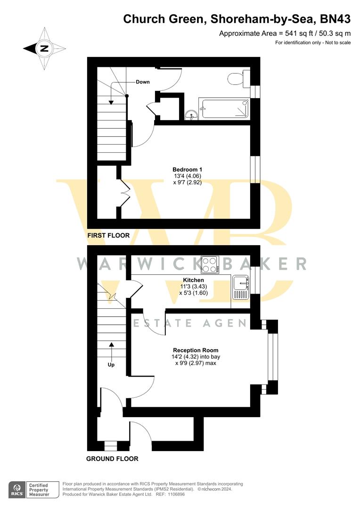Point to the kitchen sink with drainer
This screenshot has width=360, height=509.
(241, 287)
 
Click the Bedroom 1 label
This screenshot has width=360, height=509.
(188, 170)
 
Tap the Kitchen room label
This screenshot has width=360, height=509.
(194, 280)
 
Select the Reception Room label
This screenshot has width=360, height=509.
(196, 350)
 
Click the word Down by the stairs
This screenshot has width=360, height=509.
(143, 82)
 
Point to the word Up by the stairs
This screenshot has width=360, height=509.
(111, 365)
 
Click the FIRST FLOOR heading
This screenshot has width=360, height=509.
(108, 235)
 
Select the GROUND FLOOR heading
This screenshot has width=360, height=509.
(112, 459)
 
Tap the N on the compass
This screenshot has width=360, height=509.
(44, 49)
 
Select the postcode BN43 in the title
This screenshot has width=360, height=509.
(335, 19)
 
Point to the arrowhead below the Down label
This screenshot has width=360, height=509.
(111, 103)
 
